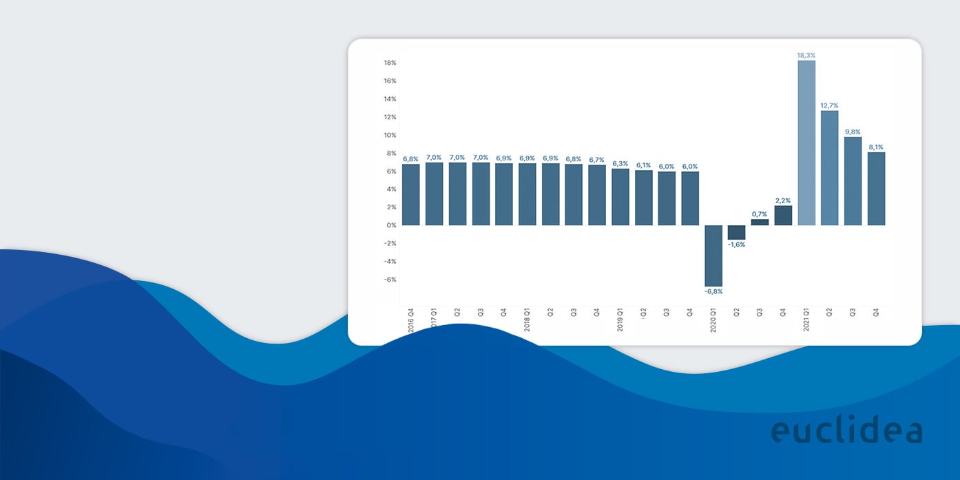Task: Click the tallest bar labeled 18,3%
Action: [806, 143]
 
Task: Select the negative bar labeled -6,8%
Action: [713, 255]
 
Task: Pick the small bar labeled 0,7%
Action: [760, 222]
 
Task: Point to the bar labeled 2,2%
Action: [783, 216]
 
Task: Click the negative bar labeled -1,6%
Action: [736, 232]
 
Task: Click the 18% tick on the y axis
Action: [390, 63]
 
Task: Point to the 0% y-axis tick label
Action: [391, 225]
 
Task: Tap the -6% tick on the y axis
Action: [390, 280]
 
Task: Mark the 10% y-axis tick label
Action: [390, 135]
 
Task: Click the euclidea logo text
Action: [846, 430]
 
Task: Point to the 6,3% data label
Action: [620, 163]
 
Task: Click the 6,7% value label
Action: [597, 160]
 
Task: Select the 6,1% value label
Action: [644, 165]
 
